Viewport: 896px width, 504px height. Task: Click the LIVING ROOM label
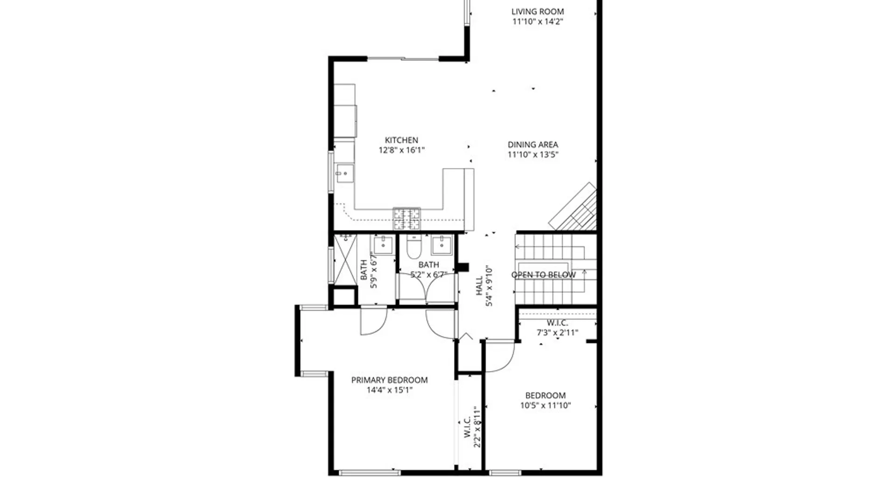(x=538, y=12)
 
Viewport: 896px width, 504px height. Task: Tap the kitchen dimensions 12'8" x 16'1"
(x=401, y=150)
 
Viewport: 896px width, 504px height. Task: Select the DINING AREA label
(x=533, y=145)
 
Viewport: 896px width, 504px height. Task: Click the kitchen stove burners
(x=406, y=219)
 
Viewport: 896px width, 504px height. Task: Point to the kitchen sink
(x=344, y=173)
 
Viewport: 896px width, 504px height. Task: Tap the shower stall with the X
(x=345, y=259)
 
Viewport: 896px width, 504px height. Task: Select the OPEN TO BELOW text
(x=544, y=275)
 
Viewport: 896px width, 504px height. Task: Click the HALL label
(x=479, y=286)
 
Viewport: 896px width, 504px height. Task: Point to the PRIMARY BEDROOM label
(x=389, y=380)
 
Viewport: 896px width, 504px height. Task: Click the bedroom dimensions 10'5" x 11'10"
(x=546, y=406)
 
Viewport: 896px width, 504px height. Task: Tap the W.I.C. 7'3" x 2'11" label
(x=557, y=328)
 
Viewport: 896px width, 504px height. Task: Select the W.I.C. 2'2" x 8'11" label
(x=472, y=427)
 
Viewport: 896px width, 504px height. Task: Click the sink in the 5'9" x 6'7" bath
(x=383, y=245)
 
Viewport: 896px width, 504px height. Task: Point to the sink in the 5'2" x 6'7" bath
(x=441, y=245)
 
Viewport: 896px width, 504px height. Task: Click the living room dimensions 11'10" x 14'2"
(x=538, y=21)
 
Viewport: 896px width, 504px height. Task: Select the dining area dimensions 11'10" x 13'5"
(x=533, y=155)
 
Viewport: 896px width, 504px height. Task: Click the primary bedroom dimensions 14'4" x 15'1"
(x=389, y=390)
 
